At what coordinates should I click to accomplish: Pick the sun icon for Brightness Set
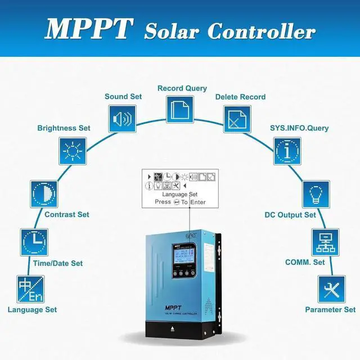click(73, 151)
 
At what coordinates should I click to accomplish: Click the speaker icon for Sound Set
click(122, 119)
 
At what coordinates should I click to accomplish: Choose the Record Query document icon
click(179, 107)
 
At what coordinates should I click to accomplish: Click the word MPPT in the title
click(89, 29)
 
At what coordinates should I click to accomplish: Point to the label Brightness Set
click(64, 128)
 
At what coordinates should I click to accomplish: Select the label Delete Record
click(241, 97)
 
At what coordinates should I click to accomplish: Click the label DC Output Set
click(290, 214)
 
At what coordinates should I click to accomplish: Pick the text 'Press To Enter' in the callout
click(180, 202)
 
